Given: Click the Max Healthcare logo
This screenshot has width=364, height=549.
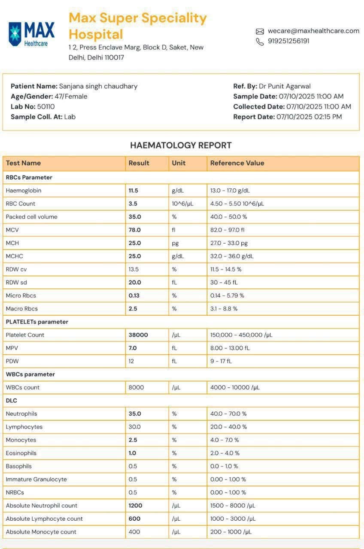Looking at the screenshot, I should pyautogui.click(x=32, y=34).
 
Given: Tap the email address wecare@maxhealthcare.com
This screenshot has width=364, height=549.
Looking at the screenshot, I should pyautogui.click(x=313, y=31).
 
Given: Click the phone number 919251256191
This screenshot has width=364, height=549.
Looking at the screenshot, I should pyautogui.click(x=288, y=41).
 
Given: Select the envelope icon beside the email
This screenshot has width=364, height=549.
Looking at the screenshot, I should pyautogui.click(x=260, y=31).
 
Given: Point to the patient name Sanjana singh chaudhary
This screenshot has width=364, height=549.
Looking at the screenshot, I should pyautogui.click(x=98, y=86).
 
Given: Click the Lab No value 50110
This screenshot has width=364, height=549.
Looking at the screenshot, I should pyautogui.click(x=46, y=106).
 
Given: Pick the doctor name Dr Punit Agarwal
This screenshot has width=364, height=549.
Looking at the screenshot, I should pyautogui.click(x=285, y=86).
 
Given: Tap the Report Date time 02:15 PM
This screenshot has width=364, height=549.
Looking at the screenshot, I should pyautogui.click(x=328, y=117).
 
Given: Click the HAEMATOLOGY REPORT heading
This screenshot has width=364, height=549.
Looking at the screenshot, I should pyautogui.click(x=181, y=145).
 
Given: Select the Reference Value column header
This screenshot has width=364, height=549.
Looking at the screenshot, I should pyautogui.click(x=237, y=163).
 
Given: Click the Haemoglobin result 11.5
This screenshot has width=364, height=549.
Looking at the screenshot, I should pyautogui.click(x=133, y=190).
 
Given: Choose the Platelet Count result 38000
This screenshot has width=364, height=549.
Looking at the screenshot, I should pyautogui.click(x=138, y=335).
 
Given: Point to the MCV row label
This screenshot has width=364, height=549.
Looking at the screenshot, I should pyautogui.click(x=12, y=230).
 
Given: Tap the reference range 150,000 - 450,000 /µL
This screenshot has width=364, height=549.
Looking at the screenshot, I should pyautogui.click(x=241, y=335).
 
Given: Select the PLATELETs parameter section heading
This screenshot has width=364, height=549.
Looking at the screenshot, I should pyautogui.click(x=37, y=322).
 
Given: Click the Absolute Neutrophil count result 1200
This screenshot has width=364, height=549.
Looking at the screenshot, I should pyautogui.click(x=135, y=506).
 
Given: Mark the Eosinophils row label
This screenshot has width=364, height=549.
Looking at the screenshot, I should pyautogui.click(x=21, y=453).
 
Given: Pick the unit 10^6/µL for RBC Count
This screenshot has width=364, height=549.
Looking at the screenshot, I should pyautogui.click(x=182, y=204).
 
